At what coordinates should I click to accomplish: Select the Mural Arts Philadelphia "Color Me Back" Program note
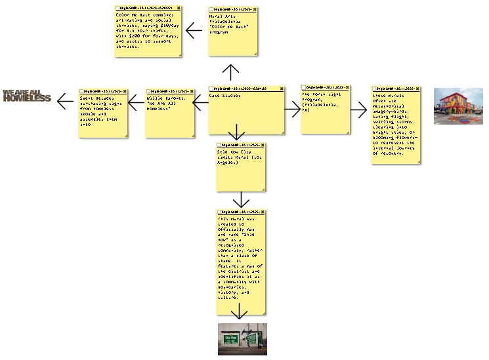233,33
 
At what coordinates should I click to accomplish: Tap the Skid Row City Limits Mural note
242,167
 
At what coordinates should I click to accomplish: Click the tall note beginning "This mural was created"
242,262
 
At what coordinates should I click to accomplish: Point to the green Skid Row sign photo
242,338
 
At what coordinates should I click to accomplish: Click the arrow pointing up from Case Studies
231,71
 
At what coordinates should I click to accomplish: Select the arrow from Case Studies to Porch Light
293,110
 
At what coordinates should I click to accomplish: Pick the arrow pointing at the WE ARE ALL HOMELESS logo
66,102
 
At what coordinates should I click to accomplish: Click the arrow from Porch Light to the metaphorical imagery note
359,110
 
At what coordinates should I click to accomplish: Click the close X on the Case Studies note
283,88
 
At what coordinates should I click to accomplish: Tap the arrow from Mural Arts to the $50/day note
194,30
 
